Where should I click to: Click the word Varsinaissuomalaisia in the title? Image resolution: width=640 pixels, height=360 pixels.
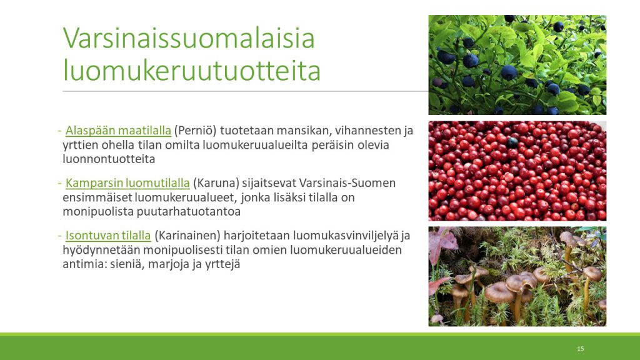(x=189, y=38)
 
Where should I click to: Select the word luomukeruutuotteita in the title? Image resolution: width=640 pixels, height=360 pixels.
(x=192, y=71)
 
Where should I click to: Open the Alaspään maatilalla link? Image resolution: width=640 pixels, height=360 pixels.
(x=118, y=131)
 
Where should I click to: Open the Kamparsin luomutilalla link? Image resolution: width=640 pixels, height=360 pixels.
(x=127, y=183)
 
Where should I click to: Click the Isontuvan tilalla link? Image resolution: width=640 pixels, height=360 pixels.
(x=108, y=236)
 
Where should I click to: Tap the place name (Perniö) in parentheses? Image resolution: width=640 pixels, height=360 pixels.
(x=195, y=131)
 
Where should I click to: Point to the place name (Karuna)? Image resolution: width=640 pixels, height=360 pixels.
(x=216, y=183)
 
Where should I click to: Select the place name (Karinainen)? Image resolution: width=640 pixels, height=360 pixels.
(x=187, y=236)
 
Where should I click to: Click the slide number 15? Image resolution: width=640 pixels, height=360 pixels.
(x=581, y=349)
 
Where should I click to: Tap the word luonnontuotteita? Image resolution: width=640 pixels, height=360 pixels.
(x=109, y=159)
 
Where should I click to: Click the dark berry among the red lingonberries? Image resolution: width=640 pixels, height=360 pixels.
(x=512, y=142)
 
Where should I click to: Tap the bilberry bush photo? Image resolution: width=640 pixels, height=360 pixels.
(x=517, y=65)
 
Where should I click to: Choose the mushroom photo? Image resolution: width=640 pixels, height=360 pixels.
(x=517, y=276)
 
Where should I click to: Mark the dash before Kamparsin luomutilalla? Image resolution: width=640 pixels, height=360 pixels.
(x=59, y=183)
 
